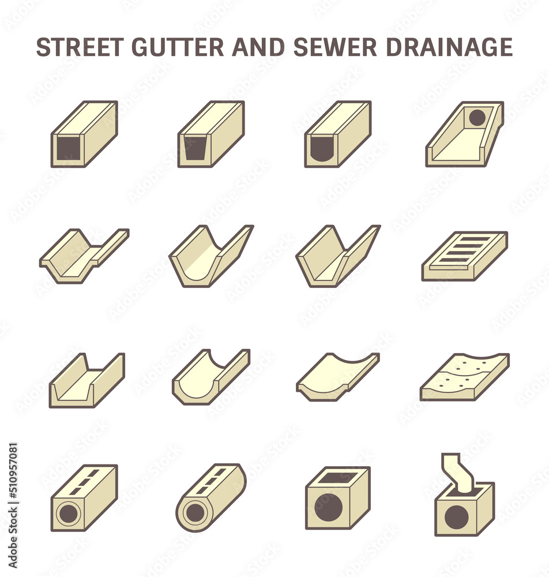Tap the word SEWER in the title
(335, 47)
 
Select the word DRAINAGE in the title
(449, 47)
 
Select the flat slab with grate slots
(465, 256)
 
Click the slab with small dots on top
(465, 376)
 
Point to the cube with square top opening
(337, 497)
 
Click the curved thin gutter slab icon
(338, 376)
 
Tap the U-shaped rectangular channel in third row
(87, 380)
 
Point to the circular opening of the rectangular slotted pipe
(68, 513)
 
